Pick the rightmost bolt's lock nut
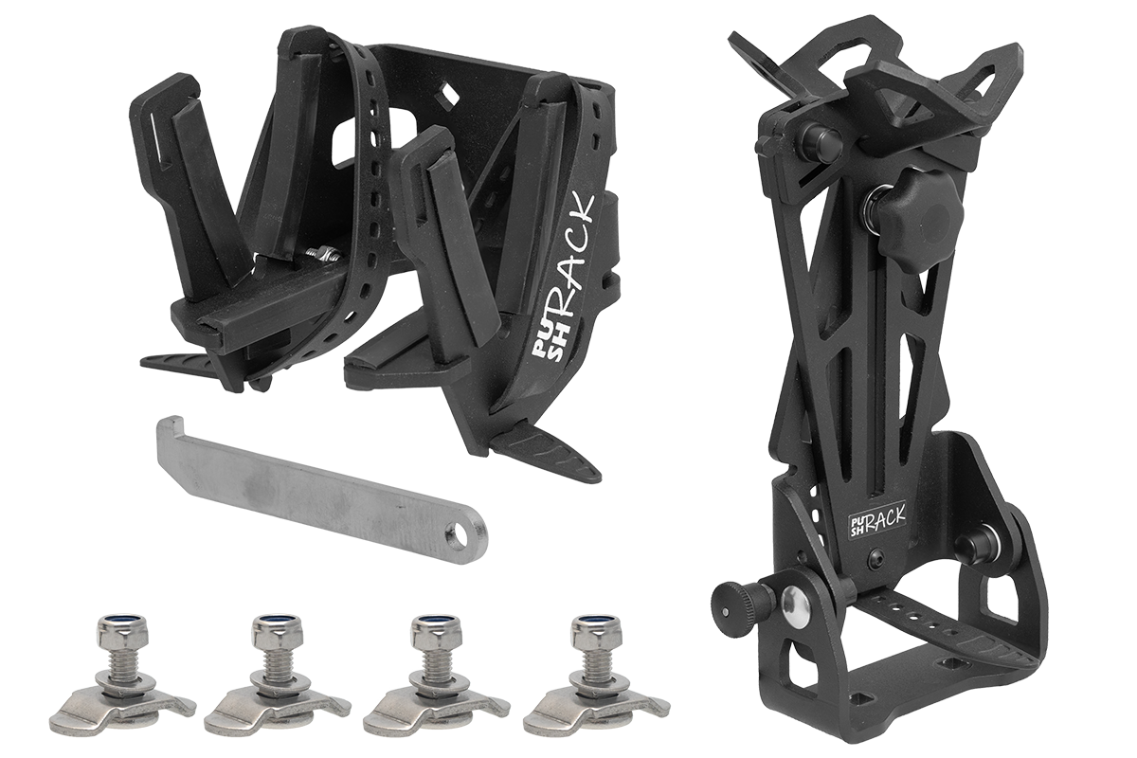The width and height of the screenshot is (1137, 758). tap(591, 630)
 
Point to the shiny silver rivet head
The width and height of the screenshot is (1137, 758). tap(797, 605)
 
